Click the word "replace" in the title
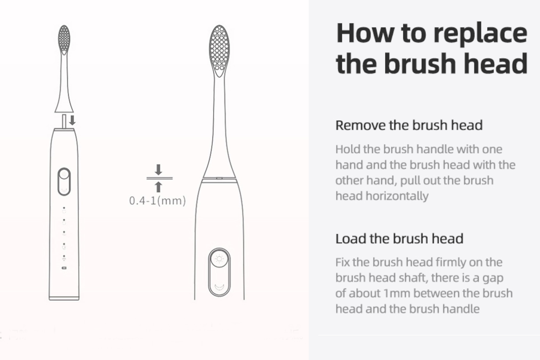coord(480,34)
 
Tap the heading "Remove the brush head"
coord(409,125)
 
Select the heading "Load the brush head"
coord(400,238)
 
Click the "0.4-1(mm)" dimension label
coord(157,201)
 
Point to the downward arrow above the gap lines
coord(158,170)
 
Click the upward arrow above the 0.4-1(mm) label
coord(158,187)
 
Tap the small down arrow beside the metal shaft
coord(72,120)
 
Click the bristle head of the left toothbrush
coord(64,40)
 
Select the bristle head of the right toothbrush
coord(220,51)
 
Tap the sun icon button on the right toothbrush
coord(220,259)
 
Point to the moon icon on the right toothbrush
coord(220,287)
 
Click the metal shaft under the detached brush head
coord(64,121)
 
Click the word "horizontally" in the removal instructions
coord(397,196)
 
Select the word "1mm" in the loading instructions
coord(396,293)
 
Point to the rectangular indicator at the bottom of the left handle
coord(64,268)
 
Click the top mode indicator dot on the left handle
coord(64,207)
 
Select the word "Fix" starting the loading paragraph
coord(342,262)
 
